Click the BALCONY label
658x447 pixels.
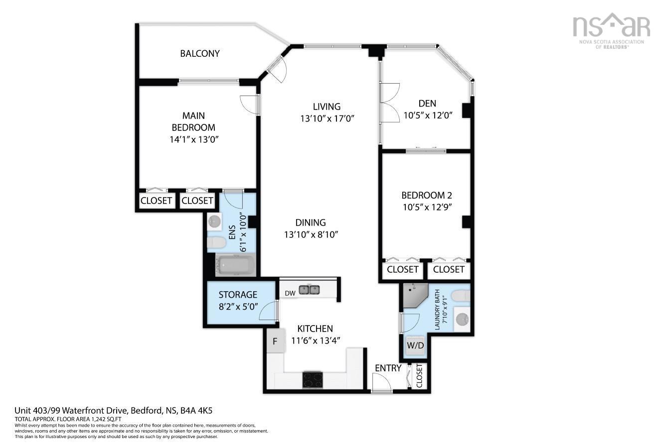tap(199, 53)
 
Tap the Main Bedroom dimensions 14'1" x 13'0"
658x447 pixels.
tap(194, 140)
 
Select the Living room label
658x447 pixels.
tap(327, 107)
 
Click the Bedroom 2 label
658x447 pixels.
tap(427, 195)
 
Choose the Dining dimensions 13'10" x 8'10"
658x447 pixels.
tap(311, 235)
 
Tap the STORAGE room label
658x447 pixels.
tap(238, 295)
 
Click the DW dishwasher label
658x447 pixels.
tap(290, 293)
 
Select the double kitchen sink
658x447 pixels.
tap(310, 290)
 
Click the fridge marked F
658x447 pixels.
tap(274, 341)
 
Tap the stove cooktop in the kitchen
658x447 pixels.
tap(313, 380)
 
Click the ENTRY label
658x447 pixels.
tap(388, 368)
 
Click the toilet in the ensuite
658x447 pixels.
tap(217, 242)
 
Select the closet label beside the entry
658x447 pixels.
tap(419, 375)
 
